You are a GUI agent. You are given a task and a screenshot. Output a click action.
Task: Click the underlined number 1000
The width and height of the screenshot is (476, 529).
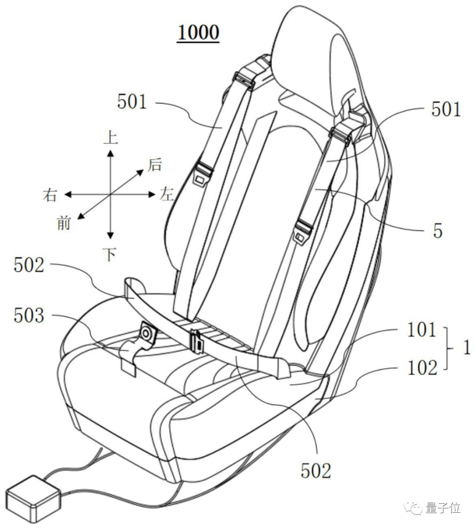(198, 33)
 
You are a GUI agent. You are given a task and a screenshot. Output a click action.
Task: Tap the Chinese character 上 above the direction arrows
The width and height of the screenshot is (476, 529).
(110, 137)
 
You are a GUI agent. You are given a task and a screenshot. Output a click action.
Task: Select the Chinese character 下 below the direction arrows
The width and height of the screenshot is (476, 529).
(110, 255)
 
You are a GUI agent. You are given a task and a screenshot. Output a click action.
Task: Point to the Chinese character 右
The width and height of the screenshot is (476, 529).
(50, 194)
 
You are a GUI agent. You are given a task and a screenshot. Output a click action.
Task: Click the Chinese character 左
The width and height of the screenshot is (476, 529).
(166, 194)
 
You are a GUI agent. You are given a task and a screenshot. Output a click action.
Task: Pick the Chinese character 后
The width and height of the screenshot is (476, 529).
(155, 165)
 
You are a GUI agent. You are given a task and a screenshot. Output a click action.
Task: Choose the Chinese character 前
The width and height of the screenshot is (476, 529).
(63, 223)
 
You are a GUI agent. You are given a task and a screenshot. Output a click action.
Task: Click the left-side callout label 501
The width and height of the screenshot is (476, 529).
(132, 102)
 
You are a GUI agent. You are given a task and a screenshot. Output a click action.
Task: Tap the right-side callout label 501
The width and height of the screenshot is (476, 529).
(446, 109)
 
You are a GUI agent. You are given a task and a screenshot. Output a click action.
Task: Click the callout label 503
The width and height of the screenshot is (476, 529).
(29, 315)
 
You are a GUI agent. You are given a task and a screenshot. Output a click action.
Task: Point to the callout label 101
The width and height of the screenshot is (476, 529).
(421, 330)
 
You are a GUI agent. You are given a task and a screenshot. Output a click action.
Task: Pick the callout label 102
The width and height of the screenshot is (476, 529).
(422, 367)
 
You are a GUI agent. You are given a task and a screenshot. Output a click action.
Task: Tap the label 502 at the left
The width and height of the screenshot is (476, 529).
(29, 266)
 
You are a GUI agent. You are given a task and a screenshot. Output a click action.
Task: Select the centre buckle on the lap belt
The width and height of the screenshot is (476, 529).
(196, 342)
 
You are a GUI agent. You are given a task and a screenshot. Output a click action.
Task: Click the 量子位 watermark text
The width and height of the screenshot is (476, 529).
(443, 507)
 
